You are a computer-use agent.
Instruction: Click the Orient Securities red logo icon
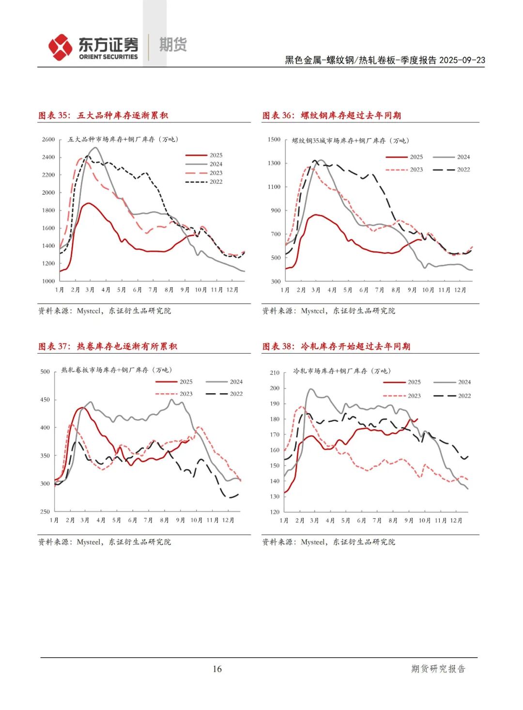[60, 47]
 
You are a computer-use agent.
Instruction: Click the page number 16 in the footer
[217, 669]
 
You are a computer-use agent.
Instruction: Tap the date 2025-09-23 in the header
[462, 60]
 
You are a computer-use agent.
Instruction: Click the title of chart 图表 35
[103, 115]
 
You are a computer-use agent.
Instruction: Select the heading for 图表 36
[332, 115]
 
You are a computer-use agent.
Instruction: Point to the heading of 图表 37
[108, 346]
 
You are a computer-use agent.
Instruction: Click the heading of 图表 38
[336, 346]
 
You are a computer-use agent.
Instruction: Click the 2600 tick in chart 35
[48, 139]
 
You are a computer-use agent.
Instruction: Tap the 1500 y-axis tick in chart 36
[274, 139]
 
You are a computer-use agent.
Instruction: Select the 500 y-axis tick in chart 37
[45, 372]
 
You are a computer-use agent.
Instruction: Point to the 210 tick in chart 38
[275, 373]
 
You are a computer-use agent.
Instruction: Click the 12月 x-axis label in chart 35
[232, 290]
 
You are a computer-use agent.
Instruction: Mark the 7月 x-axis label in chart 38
[377, 521]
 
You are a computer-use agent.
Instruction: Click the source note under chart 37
[105, 542]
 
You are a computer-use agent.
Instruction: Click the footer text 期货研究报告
[438, 669]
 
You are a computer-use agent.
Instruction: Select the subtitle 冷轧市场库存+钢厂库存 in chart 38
[342, 371]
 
